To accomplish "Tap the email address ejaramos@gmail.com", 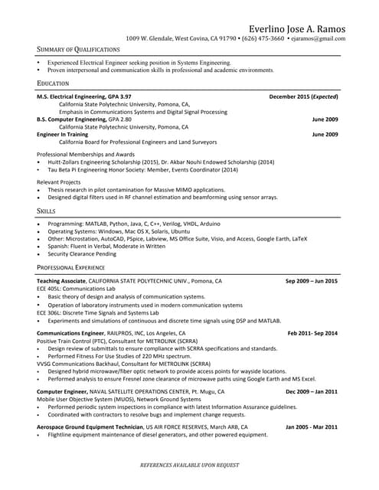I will pyautogui.click(x=317, y=38).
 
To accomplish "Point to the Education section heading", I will pyautogui.click(x=53, y=83).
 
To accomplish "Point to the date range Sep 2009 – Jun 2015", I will pyautogui.click(x=311, y=281).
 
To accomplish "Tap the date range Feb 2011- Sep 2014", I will pyautogui.click(x=312, y=334).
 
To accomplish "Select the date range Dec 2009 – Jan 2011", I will pyautogui.click(x=311, y=391).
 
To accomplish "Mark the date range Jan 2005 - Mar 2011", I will pyautogui.click(x=311, y=426).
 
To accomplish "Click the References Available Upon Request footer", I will pyautogui.click(x=189, y=465).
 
